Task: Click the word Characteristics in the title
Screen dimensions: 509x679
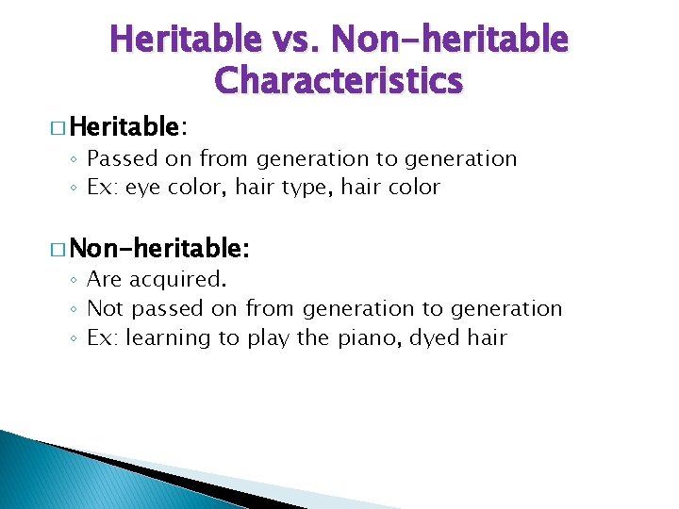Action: tap(339, 81)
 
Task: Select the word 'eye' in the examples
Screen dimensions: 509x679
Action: tap(144, 188)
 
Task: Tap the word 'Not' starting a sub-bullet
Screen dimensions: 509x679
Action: tap(105, 308)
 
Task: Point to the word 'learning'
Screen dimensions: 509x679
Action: tap(170, 337)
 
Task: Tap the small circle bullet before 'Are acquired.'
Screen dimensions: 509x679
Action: tap(75, 281)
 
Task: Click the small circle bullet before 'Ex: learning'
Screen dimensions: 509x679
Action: tap(75, 338)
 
